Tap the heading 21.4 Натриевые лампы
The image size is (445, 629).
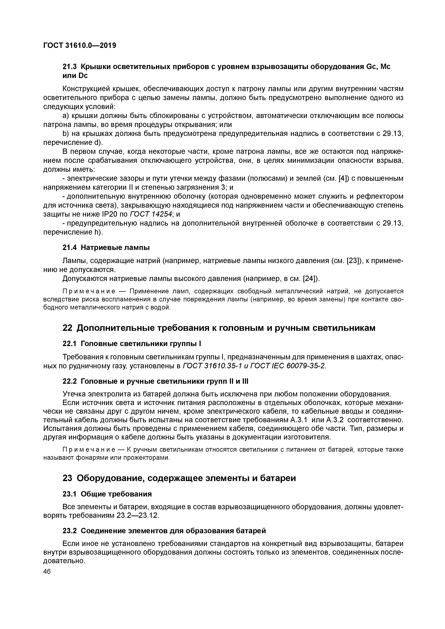click(x=106, y=248)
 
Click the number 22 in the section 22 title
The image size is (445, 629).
click(x=67, y=328)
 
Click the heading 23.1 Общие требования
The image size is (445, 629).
click(x=107, y=494)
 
